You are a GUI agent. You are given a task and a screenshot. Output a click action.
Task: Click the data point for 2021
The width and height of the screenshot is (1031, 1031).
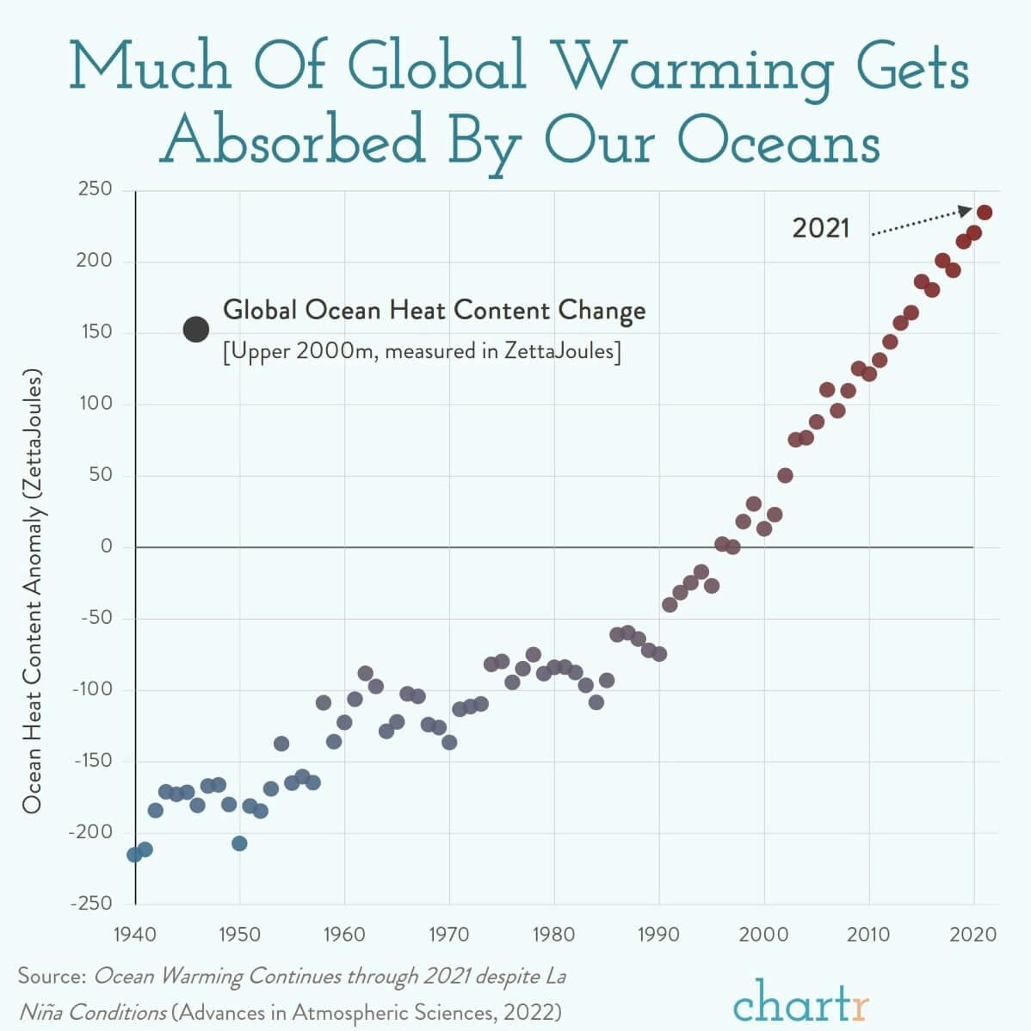(x=985, y=212)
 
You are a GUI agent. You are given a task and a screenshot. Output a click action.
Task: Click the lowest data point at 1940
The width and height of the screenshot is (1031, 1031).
(x=134, y=855)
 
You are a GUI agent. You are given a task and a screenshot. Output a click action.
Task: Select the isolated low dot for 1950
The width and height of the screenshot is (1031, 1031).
(x=239, y=843)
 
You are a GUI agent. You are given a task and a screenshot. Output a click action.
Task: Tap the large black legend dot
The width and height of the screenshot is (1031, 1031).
(x=196, y=329)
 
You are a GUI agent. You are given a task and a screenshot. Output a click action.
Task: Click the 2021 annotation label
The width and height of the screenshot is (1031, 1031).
(x=820, y=228)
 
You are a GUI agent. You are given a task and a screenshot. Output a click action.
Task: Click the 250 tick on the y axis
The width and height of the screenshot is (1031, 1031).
(x=95, y=189)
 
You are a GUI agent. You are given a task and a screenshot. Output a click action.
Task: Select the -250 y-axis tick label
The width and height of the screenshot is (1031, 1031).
(x=91, y=904)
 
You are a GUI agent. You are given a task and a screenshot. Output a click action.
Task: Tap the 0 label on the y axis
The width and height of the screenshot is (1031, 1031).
(x=107, y=546)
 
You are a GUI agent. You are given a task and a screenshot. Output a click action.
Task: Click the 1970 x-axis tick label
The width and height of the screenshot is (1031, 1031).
(x=449, y=935)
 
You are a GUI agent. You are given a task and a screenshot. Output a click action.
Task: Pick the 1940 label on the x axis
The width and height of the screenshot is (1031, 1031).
(x=135, y=935)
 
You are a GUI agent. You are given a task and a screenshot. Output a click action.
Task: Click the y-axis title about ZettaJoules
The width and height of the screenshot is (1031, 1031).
(x=32, y=593)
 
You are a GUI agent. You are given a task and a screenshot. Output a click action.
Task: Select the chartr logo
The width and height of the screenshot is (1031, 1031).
(x=800, y=998)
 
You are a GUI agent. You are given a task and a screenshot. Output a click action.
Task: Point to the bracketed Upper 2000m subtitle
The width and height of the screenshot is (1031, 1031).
(x=422, y=351)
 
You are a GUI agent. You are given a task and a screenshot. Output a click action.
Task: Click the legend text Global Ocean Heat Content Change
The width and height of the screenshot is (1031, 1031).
(x=434, y=310)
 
